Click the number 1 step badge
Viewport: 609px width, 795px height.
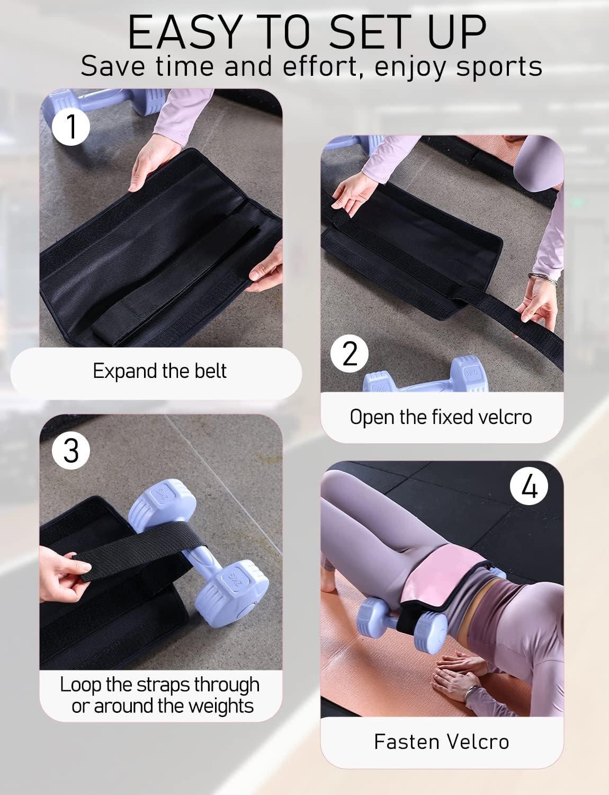coord(71,127)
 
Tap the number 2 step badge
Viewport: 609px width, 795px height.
coord(350,354)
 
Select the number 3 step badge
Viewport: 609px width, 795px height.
coord(71,450)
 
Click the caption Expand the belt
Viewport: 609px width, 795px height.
coord(159,371)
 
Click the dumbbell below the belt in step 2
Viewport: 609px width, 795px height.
coord(426,376)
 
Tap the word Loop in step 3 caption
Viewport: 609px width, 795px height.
coord(80,685)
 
